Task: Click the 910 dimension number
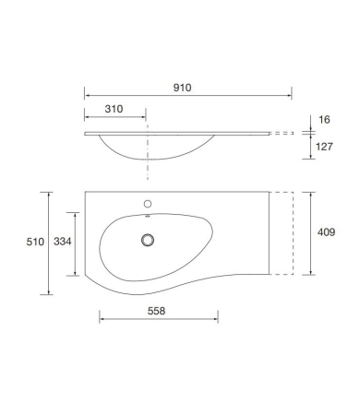[182, 88]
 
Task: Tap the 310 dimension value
[114, 109]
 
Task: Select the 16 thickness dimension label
[324, 120]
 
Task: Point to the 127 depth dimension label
[324, 147]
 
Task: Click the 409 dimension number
[326, 232]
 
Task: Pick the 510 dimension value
[35, 242]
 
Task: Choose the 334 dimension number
[63, 242]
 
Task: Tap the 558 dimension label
[156, 311]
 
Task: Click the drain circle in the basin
[148, 240]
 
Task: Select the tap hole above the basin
[148, 204]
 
